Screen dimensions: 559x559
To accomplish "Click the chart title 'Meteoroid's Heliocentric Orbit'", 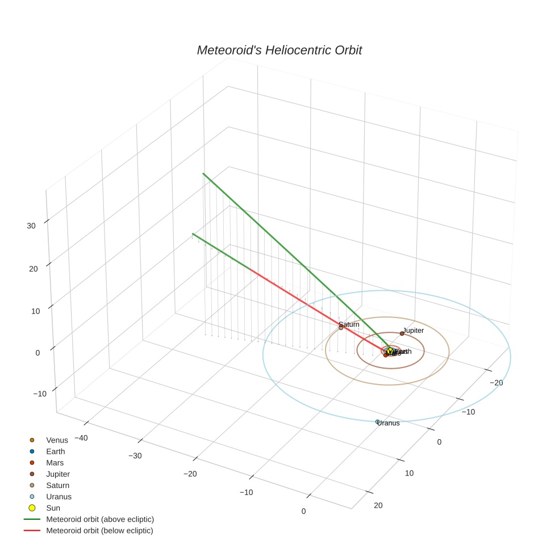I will click(279, 50).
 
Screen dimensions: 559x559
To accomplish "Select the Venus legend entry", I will click(57, 440).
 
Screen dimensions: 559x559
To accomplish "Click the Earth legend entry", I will click(55, 451).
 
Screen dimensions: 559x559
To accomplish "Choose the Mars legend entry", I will click(55, 462).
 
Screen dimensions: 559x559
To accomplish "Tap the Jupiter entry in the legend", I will click(58, 474).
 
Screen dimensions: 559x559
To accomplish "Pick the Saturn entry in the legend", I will click(57, 485).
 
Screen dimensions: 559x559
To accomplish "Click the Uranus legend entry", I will click(59, 497).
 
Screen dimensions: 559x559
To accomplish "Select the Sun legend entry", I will click(53, 508).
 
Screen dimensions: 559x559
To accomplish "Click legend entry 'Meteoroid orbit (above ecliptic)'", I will click(100, 519).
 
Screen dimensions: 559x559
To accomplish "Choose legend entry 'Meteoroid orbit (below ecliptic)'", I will click(99, 531).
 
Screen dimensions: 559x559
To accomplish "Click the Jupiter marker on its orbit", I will click(402, 333).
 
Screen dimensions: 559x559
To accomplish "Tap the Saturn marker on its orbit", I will click(341, 328).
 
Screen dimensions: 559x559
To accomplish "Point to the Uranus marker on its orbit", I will click(377, 422).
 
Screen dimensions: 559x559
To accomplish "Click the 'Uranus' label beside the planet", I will click(390, 423).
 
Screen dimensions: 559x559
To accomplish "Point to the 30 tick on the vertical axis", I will click(31, 226).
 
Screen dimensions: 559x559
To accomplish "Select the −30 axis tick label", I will click(135, 456).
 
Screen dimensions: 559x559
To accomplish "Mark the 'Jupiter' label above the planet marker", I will click(414, 330).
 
